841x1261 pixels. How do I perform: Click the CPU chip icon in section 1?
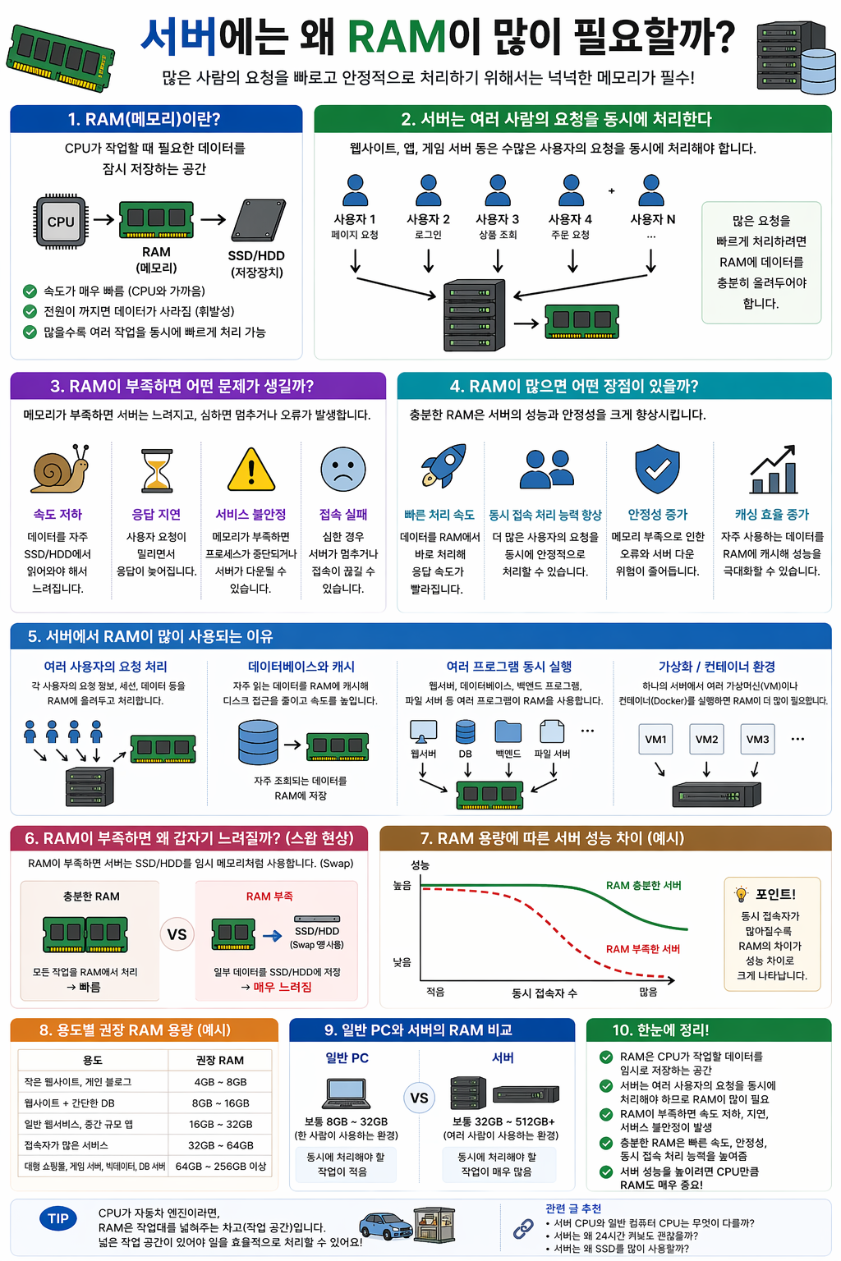click(x=61, y=221)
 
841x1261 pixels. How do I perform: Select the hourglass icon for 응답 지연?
click(x=157, y=470)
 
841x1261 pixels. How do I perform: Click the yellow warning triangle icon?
click(x=250, y=470)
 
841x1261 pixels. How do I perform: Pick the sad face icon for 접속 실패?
click(x=342, y=469)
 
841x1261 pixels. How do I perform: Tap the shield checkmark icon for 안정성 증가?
click(x=657, y=469)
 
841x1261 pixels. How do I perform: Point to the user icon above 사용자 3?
click(x=498, y=190)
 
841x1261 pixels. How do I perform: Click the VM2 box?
click(x=706, y=739)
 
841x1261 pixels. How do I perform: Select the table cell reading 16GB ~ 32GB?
click(x=220, y=1124)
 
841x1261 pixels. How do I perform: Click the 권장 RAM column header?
click(x=219, y=1060)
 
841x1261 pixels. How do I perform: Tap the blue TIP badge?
click(x=57, y=1218)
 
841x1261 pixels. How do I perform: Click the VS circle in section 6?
click(x=177, y=934)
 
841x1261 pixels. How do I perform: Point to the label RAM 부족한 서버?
click(x=643, y=949)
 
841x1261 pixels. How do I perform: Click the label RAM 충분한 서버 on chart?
click(x=643, y=885)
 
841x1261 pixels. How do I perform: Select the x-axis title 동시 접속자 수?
click(x=544, y=993)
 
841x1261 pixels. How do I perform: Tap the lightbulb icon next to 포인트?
click(x=741, y=894)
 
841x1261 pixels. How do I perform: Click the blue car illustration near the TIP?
click(x=386, y=1227)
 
